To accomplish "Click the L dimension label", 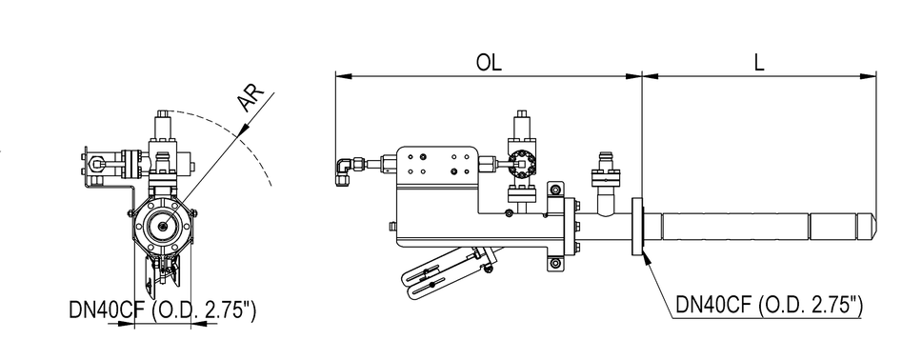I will (x=758, y=65).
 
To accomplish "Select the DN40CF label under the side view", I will (x=770, y=305).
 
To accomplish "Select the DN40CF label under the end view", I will (x=164, y=310).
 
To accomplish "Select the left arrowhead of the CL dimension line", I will (x=337, y=74).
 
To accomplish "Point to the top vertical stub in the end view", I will (x=166, y=125).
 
